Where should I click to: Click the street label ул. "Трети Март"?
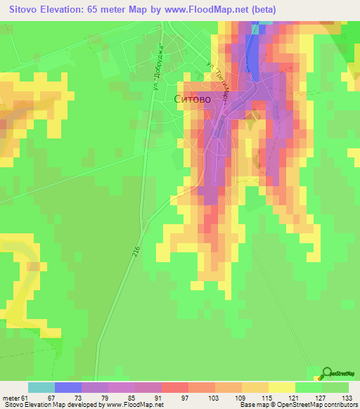coord(217,82)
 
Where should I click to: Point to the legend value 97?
coord(174,397)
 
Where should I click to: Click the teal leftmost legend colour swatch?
coord(41,387)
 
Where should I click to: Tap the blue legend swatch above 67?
coord(67,387)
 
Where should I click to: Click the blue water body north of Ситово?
coord(250,49)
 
